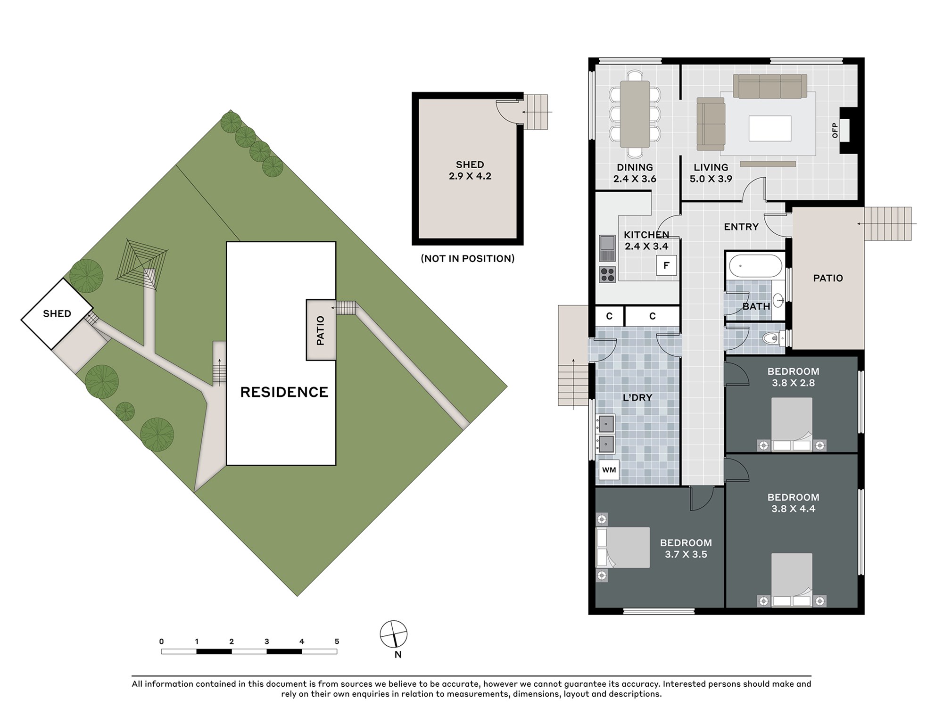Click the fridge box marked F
coord(666,265)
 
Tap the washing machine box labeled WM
coord(609,470)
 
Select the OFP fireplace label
coord(835,130)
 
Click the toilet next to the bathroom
coord(773,338)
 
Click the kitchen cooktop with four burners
coord(607,274)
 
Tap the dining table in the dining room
coord(635,114)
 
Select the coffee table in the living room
coord(770,128)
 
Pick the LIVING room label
coord(711,167)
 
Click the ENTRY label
coord(741,227)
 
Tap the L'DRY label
coord(637,398)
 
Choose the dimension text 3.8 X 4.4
coord(793,509)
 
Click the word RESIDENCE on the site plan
coord(284,392)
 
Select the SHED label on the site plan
coord(57,314)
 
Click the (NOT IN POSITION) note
coord(468,258)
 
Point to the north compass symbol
coord(394,634)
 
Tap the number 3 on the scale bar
coord(267,641)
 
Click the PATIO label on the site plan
coord(321,330)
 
